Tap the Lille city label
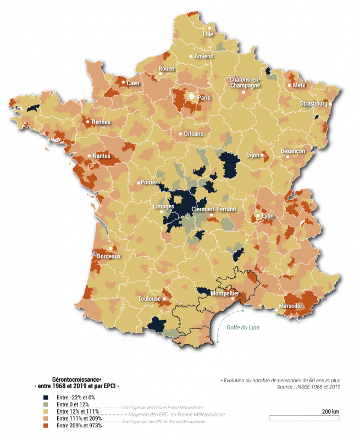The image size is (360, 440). (208, 34)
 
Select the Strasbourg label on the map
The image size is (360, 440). (313, 103)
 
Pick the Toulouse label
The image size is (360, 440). (149, 299)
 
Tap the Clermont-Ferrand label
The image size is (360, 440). (214, 210)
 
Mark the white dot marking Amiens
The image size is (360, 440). (191, 57)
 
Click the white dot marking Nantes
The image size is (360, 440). (90, 156)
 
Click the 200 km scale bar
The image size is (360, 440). (304, 419)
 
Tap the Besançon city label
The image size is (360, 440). (292, 151)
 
